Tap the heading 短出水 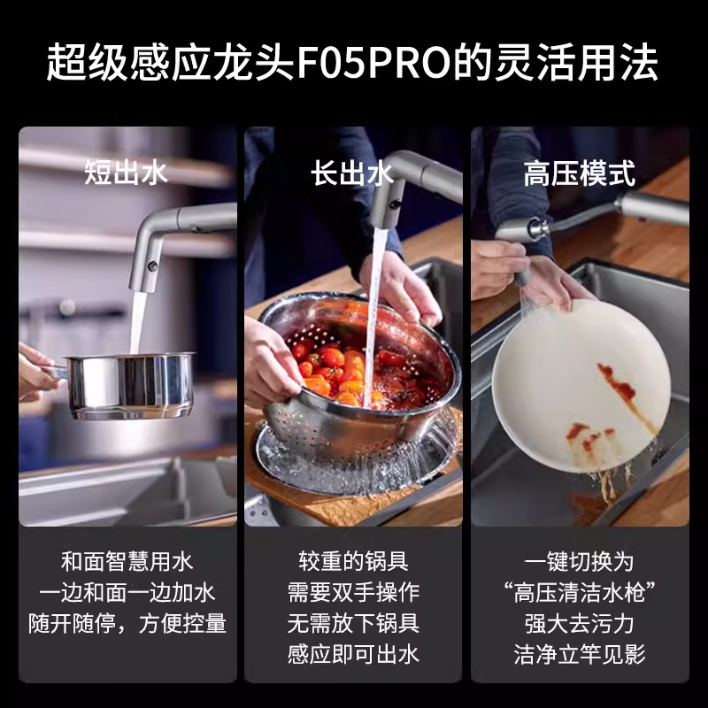127,172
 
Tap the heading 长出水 352,173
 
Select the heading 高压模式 579,173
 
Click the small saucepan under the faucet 129,384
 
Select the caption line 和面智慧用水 127,562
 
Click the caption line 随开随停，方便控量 127,624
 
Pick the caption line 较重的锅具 352,562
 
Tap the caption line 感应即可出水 352,654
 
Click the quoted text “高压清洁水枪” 579,593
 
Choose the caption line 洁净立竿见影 579,654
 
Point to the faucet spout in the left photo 146,257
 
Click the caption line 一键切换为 579,562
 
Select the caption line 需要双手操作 352,593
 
